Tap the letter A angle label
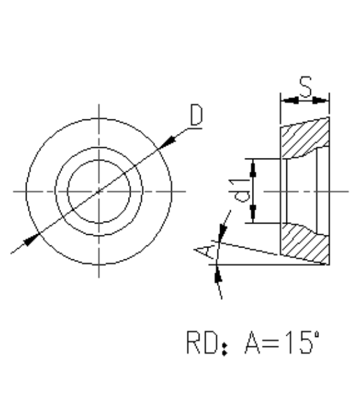203,251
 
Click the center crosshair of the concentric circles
98,191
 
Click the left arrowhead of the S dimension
286,101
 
